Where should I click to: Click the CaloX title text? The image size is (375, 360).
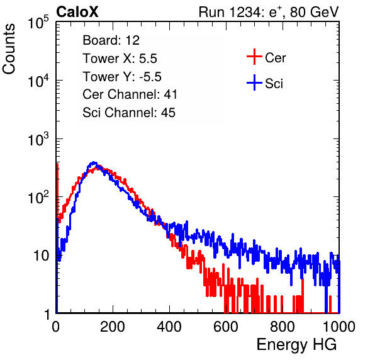(77, 12)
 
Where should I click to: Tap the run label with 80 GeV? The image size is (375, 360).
(269, 12)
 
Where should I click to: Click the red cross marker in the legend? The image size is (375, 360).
(254, 57)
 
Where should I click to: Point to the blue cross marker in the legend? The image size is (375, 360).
(254, 82)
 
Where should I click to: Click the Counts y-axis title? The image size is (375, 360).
(9, 49)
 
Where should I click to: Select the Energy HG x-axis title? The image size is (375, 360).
(296, 345)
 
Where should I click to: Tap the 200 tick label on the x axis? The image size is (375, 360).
(113, 327)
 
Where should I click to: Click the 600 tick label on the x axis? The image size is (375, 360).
(226, 327)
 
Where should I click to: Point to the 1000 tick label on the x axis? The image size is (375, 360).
(339, 327)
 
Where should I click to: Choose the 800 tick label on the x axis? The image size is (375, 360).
(283, 327)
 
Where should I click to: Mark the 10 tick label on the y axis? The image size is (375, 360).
(41, 256)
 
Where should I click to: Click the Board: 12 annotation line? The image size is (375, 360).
(111, 40)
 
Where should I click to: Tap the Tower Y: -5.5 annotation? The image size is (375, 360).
(122, 77)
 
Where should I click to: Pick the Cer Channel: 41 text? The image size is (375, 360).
(130, 94)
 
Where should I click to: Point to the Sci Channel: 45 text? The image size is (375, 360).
(129, 113)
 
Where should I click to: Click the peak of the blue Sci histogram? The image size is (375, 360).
(94, 162)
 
